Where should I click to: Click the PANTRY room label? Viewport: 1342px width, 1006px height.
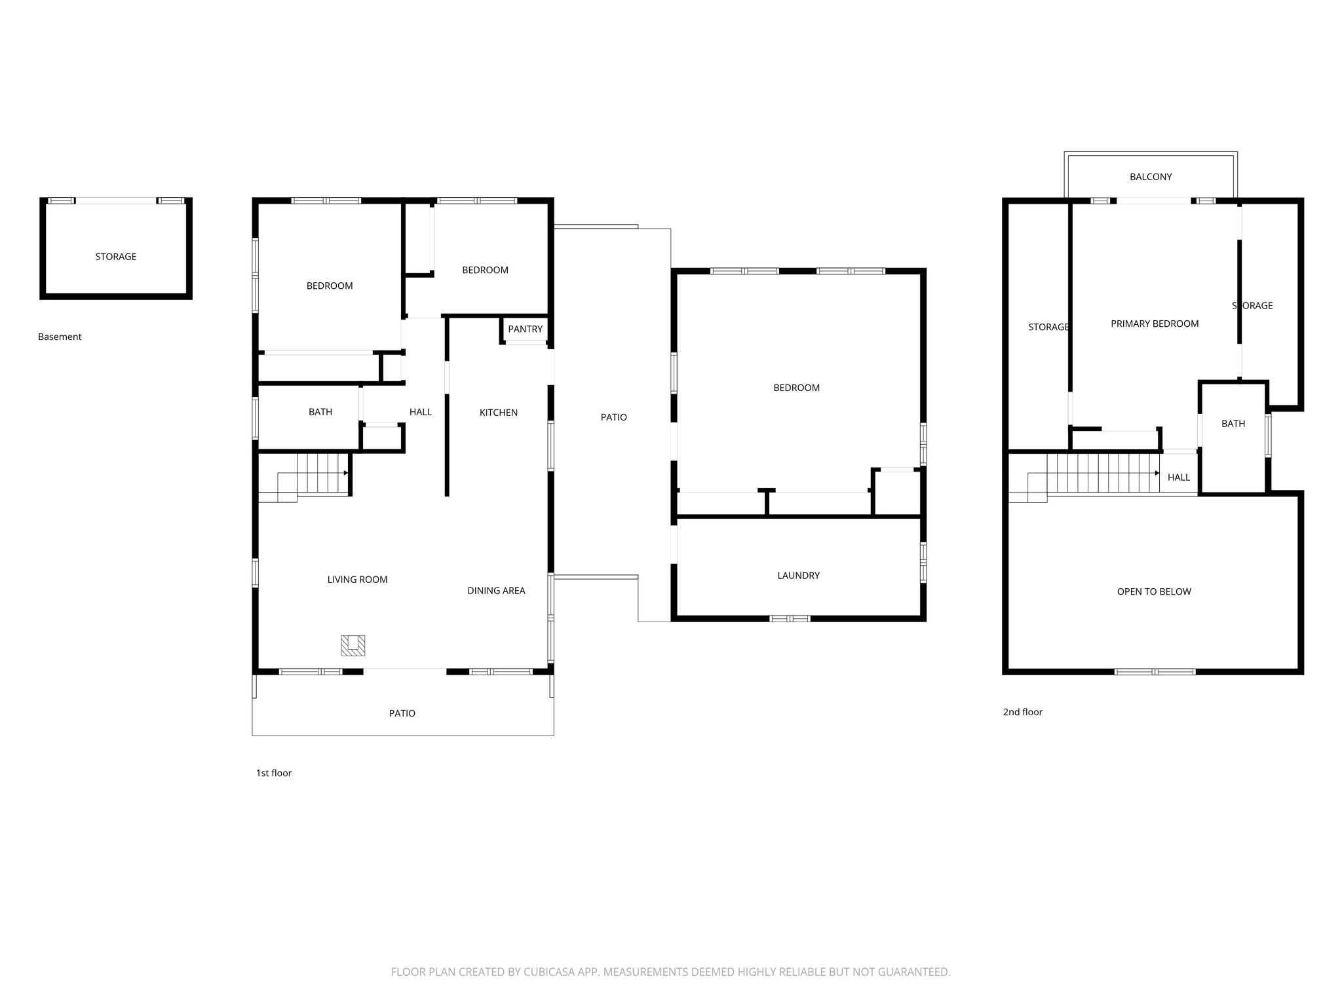pyautogui.click(x=525, y=329)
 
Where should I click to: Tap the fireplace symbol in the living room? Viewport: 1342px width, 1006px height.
pyautogui.click(x=353, y=646)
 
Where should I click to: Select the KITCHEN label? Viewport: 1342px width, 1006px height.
pyautogui.click(x=499, y=413)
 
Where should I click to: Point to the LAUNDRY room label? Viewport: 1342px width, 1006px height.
pyautogui.click(x=798, y=576)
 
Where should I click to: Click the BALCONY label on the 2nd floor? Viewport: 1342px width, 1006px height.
pyautogui.click(x=1151, y=177)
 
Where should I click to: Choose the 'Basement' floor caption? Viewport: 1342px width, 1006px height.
pyautogui.click(x=60, y=337)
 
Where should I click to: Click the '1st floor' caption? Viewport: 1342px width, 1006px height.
pyautogui.click(x=274, y=773)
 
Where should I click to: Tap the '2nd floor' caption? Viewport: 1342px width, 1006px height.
pyautogui.click(x=1023, y=712)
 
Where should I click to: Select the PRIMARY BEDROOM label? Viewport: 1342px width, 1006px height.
pyautogui.click(x=1155, y=324)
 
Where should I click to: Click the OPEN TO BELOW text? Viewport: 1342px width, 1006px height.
pyautogui.click(x=1154, y=591)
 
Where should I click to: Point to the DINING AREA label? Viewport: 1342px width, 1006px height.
pyautogui.click(x=496, y=591)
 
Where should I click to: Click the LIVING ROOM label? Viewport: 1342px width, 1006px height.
pyautogui.click(x=357, y=580)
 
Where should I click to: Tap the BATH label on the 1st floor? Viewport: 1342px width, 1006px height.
pyautogui.click(x=320, y=412)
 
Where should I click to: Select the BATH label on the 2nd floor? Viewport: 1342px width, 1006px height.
pyautogui.click(x=1233, y=424)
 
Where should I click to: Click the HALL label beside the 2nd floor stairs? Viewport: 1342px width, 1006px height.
pyautogui.click(x=1179, y=477)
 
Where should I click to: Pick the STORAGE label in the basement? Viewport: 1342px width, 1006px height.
pyautogui.click(x=116, y=257)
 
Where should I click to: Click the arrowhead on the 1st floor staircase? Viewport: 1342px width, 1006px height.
pyautogui.click(x=346, y=473)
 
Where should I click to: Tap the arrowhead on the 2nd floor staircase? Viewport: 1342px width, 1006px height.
pyautogui.click(x=1157, y=473)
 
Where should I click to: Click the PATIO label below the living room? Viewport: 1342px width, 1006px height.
pyautogui.click(x=402, y=713)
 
